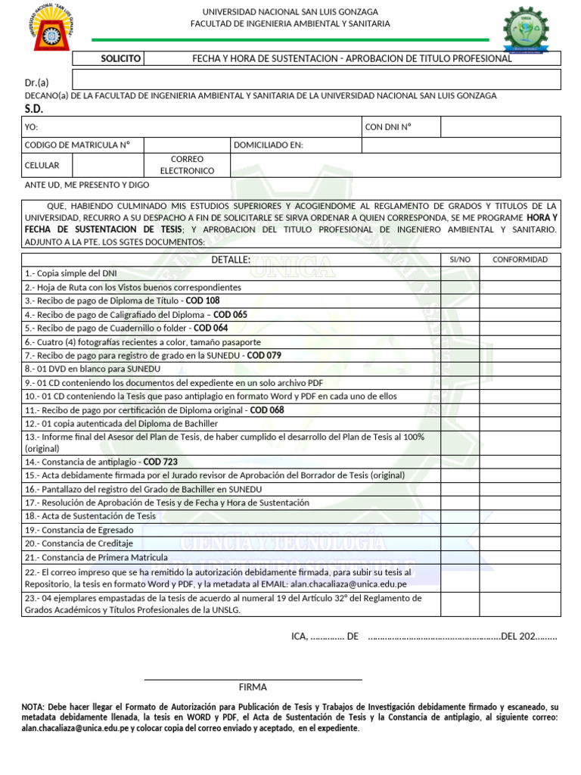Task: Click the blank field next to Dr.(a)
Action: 316,80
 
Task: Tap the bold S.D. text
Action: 34,109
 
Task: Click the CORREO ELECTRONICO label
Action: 187,165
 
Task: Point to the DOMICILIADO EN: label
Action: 269,145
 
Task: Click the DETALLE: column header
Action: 231,260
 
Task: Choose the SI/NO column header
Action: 459,260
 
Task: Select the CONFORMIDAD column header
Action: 520,260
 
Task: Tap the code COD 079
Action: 264,356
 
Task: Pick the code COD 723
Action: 160,462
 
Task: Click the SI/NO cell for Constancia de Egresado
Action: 459,530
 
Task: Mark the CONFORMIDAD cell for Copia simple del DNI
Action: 520,273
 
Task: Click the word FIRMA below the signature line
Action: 253,687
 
